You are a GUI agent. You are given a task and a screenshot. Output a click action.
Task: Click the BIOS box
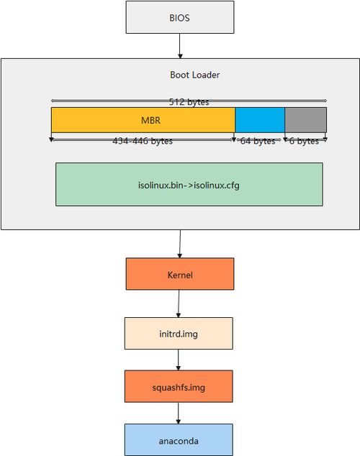pos(180,17)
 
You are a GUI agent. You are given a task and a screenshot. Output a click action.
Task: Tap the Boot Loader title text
pos(194,75)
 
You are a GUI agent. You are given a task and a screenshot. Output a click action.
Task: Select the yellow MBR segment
pos(143,120)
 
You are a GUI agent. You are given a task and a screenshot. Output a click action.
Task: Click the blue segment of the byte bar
pos(260,120)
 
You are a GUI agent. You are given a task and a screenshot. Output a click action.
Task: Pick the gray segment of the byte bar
pos(305,120)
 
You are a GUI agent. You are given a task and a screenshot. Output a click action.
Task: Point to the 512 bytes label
pos(189,102)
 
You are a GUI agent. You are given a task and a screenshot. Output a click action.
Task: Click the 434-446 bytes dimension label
pos(143,141)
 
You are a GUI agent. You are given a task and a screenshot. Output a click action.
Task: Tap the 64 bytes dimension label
pos(258,141)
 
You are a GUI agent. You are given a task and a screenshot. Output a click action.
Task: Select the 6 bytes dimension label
pos(304,141)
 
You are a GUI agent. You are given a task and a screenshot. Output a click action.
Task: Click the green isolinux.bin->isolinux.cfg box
pos(189,184)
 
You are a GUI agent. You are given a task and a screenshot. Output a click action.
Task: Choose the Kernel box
pos(180,274)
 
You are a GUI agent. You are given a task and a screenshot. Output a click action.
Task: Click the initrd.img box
pos(179,333)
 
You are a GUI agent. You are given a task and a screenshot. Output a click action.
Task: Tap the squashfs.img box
pos(179,386)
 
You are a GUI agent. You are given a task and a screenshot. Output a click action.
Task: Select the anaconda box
pos(179,439)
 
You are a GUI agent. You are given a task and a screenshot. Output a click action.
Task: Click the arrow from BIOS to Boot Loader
pos(180,46)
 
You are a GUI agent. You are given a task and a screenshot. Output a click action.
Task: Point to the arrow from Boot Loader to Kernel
pos(180,244)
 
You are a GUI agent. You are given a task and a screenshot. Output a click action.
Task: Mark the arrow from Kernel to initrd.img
pos(179,304)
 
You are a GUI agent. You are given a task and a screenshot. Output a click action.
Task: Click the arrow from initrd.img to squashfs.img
pos(179,360)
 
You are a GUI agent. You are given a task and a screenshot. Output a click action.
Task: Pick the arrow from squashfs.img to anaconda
pos(179,413)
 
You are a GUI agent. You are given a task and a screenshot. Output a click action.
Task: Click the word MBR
pos(150,120)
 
